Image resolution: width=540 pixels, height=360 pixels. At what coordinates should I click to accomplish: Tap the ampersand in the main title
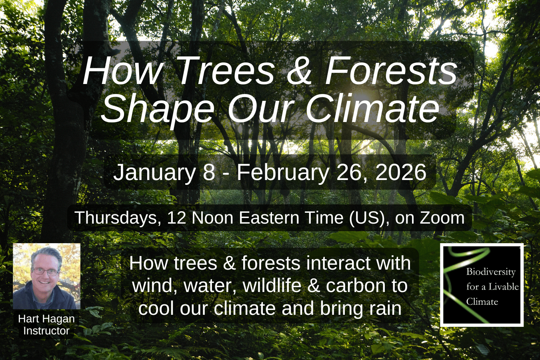pyautogui.click(x=299, y=72)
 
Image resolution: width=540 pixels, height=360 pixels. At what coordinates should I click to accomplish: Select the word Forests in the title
pyautogui.click(x=391, y=72)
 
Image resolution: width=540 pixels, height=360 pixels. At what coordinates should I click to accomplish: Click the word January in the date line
pyautogui.click(x=154, y=172)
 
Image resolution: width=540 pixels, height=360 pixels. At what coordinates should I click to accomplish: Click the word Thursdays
pyautogui.click(x=118, y=218)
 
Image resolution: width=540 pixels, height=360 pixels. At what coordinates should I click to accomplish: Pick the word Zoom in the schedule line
pyautogui.click(x=442, y=218)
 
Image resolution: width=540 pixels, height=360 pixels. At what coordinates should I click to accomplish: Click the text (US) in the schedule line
pyautogui.click(x=366, y=218)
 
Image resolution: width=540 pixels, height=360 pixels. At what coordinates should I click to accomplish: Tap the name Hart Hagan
pyautogui.click(x=46, y=319)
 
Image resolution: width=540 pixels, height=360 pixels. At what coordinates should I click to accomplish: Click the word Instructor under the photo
pyautogui.click(x=46, y=331)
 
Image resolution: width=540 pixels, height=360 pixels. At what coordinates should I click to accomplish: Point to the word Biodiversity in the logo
pyautogui.click(x=491, y=272)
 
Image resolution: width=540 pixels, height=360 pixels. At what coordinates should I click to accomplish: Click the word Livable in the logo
pyautogui.click(x=505, y=286)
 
